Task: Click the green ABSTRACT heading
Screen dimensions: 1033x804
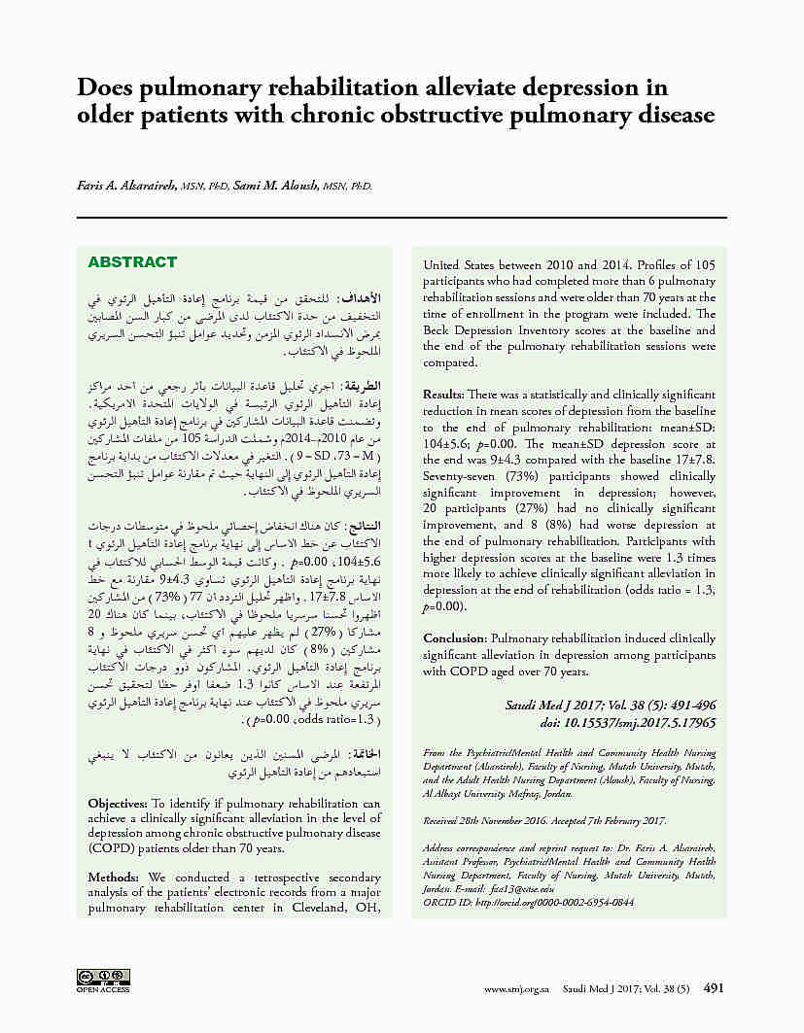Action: [132, 262]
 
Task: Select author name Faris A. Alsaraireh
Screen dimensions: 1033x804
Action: [125, 185]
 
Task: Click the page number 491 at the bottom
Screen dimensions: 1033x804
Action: [714, 987]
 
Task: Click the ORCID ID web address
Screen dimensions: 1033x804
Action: [556, 902]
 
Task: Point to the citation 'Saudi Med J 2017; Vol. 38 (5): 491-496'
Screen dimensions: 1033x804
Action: [611, 705]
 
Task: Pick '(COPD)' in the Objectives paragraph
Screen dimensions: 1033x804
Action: [114, 848]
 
